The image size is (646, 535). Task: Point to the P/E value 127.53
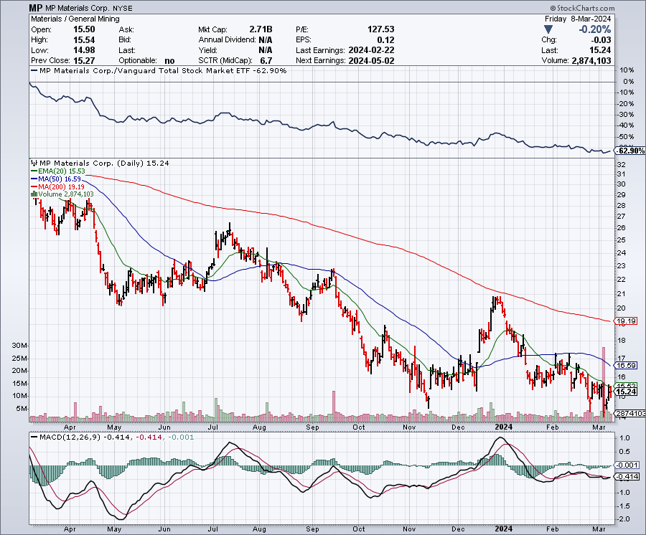point(380,29)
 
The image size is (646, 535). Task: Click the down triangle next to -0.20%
point(548,29)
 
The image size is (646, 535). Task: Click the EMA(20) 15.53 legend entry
point(55,172)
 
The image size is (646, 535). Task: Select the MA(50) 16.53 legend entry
point(55,179)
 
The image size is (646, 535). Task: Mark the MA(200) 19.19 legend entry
point(57,186)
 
